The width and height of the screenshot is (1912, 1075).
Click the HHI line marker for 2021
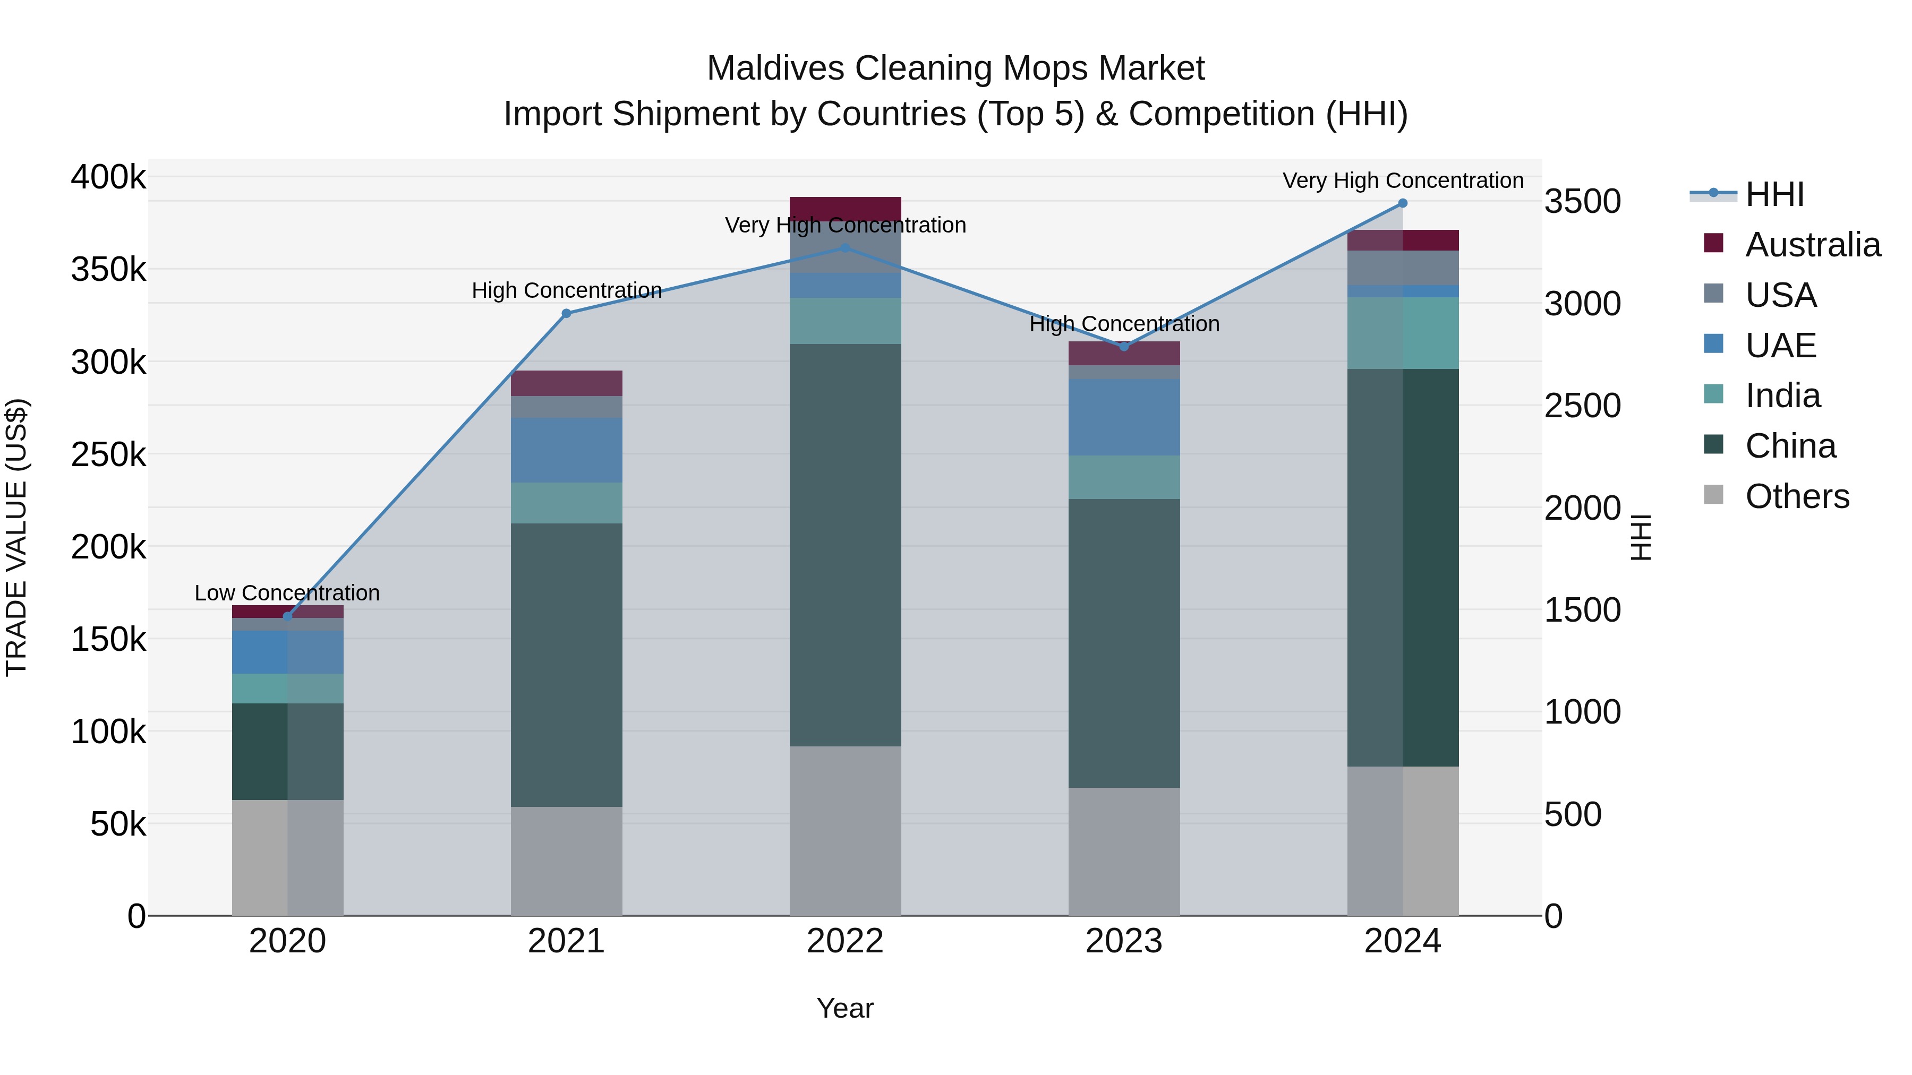(x=566, y=313)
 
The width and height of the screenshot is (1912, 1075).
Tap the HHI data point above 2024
(x=1402, y=203)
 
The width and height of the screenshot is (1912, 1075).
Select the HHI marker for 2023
(x=1124, y=347)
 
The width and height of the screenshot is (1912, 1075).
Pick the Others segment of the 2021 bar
(x=566, y=861)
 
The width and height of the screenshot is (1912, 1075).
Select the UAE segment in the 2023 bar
(x=1124, y=417)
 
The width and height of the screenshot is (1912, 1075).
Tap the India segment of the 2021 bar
(x=566, y=503)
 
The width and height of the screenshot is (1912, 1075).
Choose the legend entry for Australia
(x=1812, y=245)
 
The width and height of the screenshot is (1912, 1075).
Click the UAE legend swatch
(x=1713, y=344)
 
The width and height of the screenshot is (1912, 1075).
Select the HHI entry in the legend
(x=1774, y=194)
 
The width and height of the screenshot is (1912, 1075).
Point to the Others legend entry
(x=1796, y=496)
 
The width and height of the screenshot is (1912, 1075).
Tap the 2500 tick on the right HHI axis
(x=1583, y=406)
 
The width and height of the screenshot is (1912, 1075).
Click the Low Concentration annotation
(x=287, y=593)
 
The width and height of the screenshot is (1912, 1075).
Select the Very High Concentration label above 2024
(x=1402, y=180)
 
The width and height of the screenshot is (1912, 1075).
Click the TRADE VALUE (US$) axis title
(x=16, y=537)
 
